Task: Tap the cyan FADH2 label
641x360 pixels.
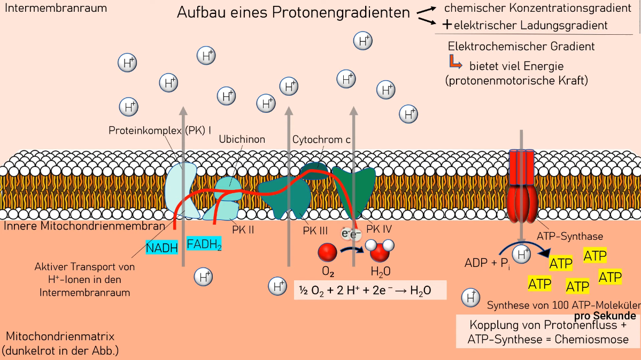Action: [x=204, y=244]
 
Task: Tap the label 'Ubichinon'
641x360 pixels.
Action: [x=242, y=140]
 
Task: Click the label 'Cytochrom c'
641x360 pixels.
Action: [x=321, y=140]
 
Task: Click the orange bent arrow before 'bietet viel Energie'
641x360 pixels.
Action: [x=455, y=62]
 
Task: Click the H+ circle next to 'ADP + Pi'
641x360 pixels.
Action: [x=521, y=254]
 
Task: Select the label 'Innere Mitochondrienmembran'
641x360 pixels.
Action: [x=84, y=226]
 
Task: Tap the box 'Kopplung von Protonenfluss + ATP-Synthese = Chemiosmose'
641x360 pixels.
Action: [x=547, y=332]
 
